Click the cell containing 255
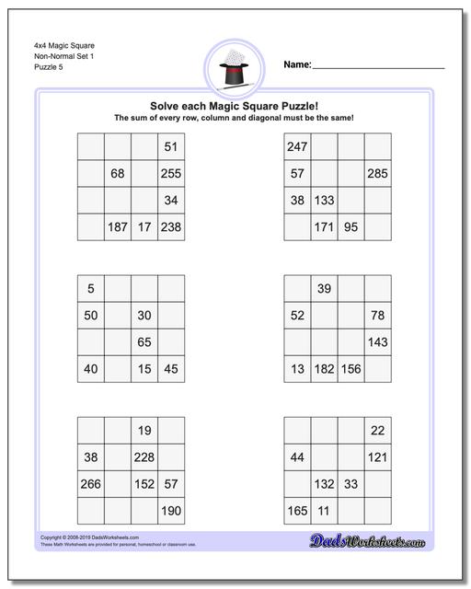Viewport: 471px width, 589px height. coord(170,173)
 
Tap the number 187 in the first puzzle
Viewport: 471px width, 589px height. coord(117,226)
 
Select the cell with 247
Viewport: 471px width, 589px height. coord(297,146)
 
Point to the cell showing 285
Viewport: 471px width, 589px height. coord(377,173)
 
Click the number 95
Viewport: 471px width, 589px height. coord(350,226)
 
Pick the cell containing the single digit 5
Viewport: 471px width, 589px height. coord(90,289)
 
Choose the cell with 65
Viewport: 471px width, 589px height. coord(144,342)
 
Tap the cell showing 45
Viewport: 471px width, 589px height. coord(170,369)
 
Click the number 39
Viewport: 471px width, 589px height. coord(324,289)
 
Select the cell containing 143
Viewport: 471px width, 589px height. coord(377,342)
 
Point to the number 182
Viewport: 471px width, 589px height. coord(324,369)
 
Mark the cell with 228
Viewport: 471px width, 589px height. coord(144,457)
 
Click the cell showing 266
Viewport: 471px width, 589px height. coord(90,484)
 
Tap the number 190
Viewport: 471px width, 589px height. coord(170,511)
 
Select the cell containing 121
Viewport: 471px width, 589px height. coord(377,457)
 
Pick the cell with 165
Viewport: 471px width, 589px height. coord(297,511)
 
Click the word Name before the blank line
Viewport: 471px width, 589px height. coord(296,65)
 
